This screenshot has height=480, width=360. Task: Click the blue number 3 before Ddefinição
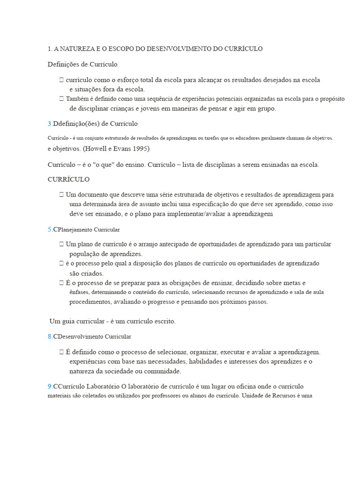tap(50, 124)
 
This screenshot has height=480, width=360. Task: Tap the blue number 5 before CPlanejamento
tap(50, 230)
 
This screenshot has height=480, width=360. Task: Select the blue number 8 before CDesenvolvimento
tap(50, 337)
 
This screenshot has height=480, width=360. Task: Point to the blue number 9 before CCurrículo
tap(50, 386)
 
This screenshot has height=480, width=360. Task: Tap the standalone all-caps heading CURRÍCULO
tap(68, 180)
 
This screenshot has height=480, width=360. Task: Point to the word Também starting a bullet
tap(76, 99)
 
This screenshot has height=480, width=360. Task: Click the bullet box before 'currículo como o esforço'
tap(61, 80)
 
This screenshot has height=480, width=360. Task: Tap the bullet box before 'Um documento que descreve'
tap(61, 195)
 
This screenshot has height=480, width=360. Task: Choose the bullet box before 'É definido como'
tap(61, 352)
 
